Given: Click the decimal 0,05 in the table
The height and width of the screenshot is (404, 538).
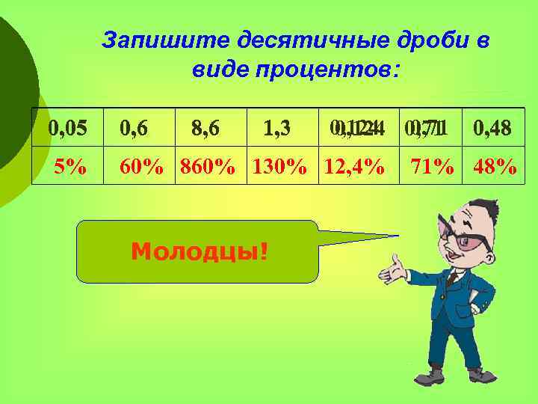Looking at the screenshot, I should (x=67, y=128).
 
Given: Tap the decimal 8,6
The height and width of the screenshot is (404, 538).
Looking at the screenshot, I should (x=205, y=128).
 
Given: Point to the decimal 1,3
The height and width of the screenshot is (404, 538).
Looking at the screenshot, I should (x=276, y=128).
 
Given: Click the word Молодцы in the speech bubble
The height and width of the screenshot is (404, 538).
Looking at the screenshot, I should (x=198, y=251).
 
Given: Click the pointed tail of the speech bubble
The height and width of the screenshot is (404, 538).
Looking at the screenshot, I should (x=374, y=237).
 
